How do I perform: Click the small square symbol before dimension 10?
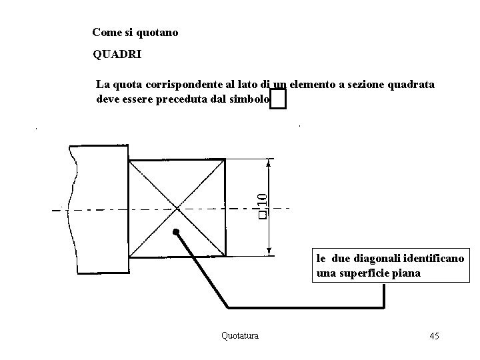(263, 215)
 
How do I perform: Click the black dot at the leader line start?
(176, 233)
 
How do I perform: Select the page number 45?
(434, 335)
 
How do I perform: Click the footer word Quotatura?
(240, 335)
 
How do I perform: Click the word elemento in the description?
(313, 85)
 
